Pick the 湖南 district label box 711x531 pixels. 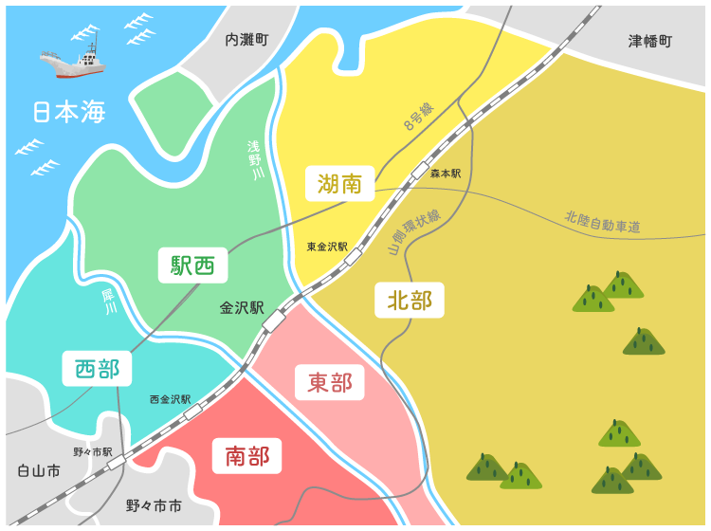tap(339, 183)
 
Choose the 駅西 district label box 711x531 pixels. tap(192, 265)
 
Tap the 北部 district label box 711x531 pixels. tap(410, 301)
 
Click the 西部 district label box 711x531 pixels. tap(97, 368)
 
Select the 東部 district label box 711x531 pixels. tap(330, 382)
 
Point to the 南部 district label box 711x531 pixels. tap(246, 456)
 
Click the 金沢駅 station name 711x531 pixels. tap(242, 308)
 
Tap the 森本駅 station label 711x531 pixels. tap(446, 174)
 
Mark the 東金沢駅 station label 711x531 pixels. tap(327, 247)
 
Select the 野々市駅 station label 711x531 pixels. tap(93, 451)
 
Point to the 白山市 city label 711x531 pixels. tap(39, 470)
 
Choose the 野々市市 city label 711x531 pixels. tap(154, 506)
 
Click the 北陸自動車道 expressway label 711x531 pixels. tap(602, 222)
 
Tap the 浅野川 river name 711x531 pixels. tap(254, 160)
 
